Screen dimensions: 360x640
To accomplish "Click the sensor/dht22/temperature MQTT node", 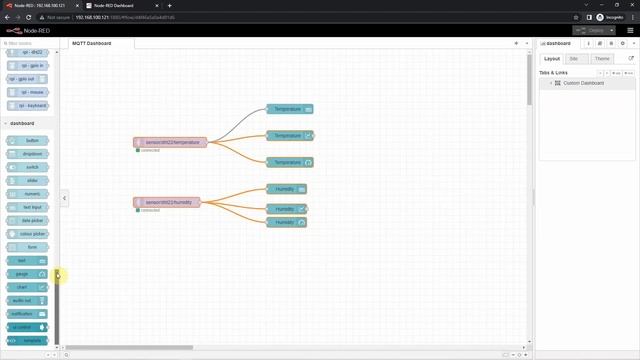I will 170,143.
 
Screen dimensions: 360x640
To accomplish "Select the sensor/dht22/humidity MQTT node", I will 167,202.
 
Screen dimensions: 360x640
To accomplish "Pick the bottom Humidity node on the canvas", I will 286,222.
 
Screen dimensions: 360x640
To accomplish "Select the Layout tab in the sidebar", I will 552,59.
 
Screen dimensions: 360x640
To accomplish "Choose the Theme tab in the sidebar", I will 602,59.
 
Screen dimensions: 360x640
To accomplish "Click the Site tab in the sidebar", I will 573,59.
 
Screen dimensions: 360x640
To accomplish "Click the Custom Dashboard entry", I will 583,83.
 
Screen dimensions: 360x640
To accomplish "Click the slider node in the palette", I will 31,180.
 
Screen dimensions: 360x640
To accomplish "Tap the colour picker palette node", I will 31,233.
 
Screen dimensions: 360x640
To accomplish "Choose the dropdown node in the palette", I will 31,154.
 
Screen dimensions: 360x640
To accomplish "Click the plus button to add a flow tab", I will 516,44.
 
